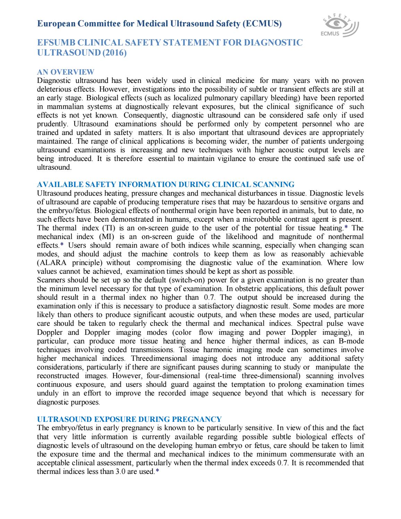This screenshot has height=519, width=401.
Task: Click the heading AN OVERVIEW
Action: (65, 72)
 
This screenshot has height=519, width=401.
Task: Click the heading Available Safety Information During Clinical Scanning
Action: (165, 184)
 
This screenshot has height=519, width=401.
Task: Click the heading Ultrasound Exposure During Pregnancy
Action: (129, 419)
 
